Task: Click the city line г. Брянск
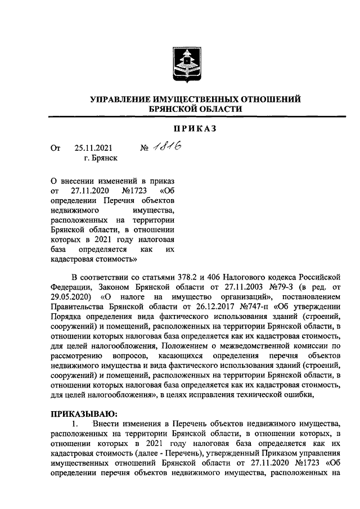(101, 159)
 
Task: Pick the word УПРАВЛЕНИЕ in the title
(125, 99)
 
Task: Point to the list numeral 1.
(70, 425)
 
